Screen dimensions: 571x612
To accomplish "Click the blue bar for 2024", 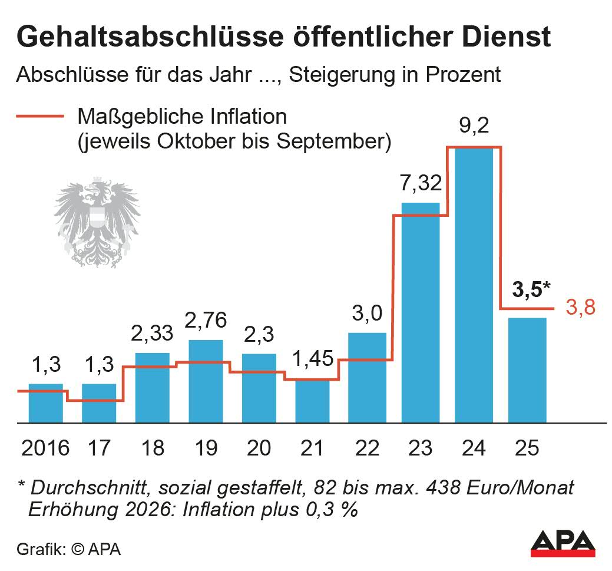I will point(474,286).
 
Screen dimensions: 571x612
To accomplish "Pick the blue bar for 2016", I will point(45,404).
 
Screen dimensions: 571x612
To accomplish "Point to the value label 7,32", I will point(420,184).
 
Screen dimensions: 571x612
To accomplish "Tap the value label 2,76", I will point(206,323).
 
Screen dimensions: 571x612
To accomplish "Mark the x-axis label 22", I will point(366,448).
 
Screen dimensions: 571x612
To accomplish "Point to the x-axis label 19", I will point(206,448).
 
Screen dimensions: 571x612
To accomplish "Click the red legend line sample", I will point(40,116).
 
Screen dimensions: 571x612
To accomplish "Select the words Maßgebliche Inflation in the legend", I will point(182,117).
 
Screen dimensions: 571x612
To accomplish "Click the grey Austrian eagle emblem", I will point(94,224).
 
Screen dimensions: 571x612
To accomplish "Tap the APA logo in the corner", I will point(562,544).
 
